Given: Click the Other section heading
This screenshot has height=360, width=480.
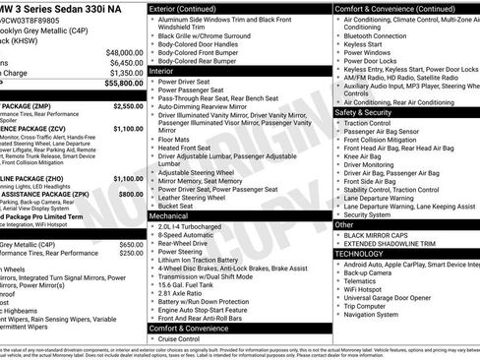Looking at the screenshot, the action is [345, 224].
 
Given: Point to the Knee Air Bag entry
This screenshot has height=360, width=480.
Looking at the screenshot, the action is [371, 155].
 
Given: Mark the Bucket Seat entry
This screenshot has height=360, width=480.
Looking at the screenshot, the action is [181, 206].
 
